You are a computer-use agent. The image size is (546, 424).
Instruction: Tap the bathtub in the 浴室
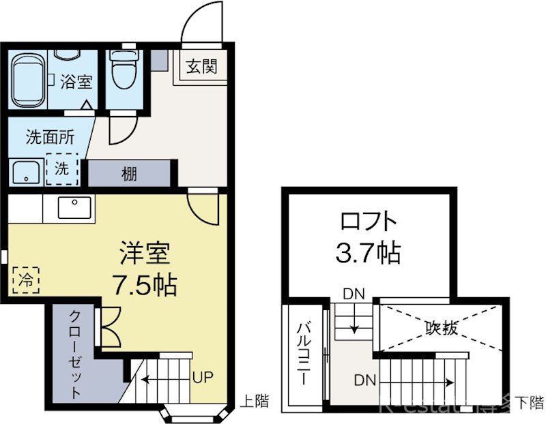click(x=28, y=80)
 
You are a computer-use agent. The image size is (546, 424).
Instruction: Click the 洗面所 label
click(x=50, y=137)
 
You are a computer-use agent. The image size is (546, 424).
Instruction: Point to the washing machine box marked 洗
click(x=62, y=170)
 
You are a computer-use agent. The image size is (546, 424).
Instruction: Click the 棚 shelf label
click(x=129, y=173)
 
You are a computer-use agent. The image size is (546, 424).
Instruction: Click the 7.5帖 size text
click(x=145, y=284)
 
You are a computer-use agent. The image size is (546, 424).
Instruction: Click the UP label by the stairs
click(x=201, y=377)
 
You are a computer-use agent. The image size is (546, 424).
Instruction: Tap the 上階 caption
click(x=254, y=402)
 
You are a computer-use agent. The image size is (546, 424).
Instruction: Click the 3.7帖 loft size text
click(x=367, y=254)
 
